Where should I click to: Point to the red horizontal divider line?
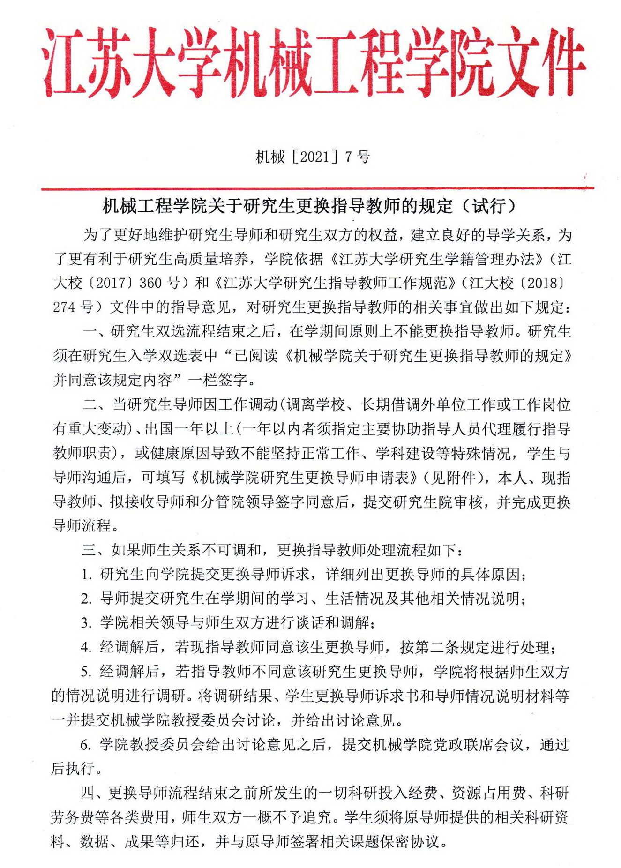[x=317, y=188]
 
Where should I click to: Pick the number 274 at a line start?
[x=64, y=307]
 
